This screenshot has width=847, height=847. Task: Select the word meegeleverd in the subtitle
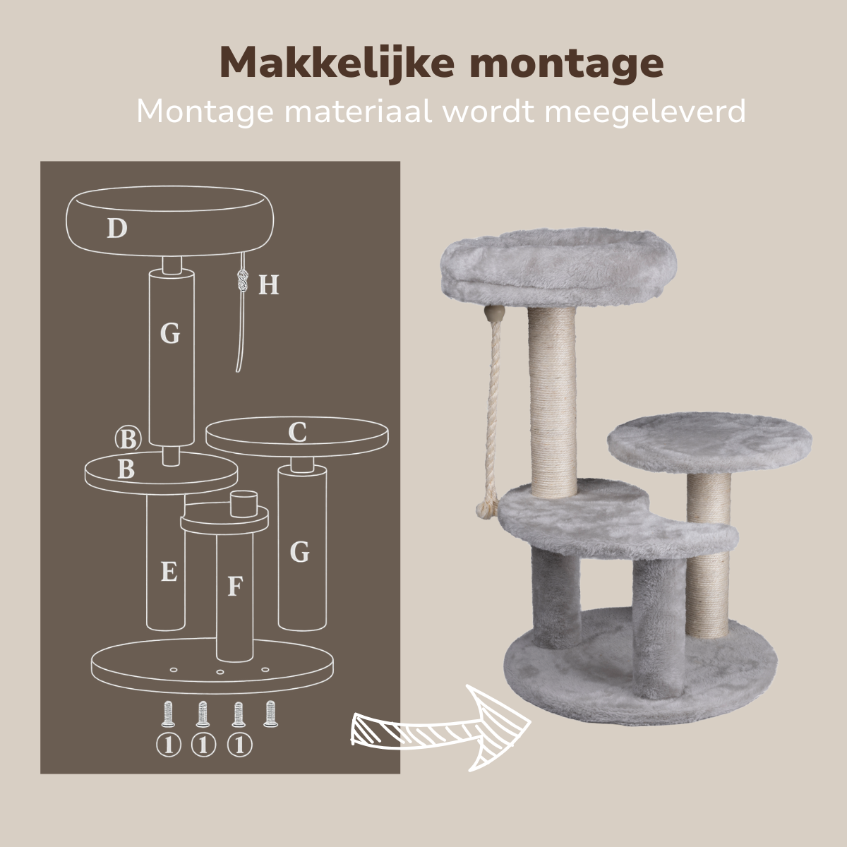(645, 112)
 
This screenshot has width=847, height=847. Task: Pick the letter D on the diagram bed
(117, 228)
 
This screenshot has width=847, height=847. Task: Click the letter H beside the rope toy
(268, 285)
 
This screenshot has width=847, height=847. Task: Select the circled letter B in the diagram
(128, 439)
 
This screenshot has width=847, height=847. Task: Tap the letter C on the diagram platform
(298, 432)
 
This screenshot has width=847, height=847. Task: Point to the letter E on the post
(169, 572)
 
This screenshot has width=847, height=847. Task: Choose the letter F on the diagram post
(236, 586)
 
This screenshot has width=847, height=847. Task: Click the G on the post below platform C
(299, 553)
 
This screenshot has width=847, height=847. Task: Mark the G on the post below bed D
(170, 334)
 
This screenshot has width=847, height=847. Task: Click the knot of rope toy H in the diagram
(242, 280)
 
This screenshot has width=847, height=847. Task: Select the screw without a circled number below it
(271, 726)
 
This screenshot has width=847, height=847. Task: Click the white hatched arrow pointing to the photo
(441, 728)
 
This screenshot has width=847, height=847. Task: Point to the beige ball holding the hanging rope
(493, 313)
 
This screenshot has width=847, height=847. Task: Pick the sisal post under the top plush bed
(552, 402)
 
